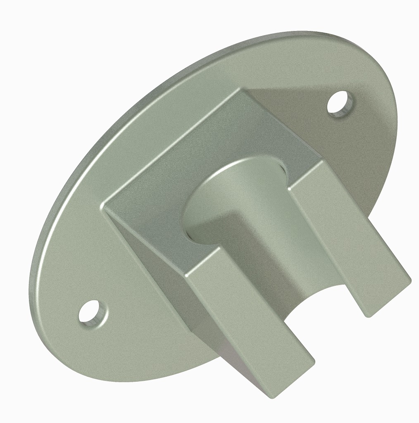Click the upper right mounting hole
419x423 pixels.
[340, 103]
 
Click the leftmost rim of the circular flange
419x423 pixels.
[30, 289]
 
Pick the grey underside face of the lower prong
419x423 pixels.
[240, 364]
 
